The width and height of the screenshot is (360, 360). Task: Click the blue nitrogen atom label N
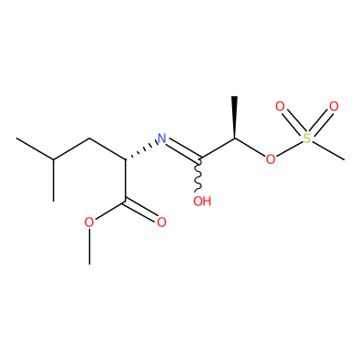(162, 138)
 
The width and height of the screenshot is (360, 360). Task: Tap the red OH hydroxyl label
(202, 201)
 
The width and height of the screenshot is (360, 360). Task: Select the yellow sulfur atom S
(306, 139)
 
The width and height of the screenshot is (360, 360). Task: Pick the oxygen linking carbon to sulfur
(270, 159)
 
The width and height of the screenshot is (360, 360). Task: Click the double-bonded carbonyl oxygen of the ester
(162, 222)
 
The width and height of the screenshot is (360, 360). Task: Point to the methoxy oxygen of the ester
(89, 222)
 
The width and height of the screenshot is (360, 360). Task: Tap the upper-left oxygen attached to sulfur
(280, 106)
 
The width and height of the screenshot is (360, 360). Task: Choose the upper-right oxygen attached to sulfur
(334, 106)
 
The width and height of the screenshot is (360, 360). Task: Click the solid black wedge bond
(234, 117)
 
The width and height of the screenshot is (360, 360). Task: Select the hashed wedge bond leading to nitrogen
(140, 150)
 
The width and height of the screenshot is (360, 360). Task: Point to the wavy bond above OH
(198, 175)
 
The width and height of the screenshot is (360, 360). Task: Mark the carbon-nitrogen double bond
(183, 149)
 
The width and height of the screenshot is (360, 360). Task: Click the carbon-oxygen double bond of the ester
(140, 210)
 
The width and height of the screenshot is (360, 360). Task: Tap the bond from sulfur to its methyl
(328, 150)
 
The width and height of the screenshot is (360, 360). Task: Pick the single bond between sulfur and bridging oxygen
(289, 148)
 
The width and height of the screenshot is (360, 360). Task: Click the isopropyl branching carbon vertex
(54, 159)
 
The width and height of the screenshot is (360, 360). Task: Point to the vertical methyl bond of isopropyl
(54, 180)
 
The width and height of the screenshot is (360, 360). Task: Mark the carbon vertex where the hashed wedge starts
(125, 159)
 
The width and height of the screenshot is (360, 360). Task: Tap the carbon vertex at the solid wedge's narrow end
(235, 139)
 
